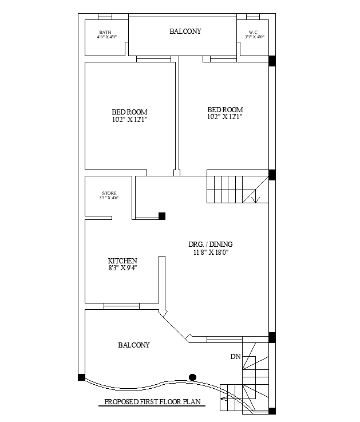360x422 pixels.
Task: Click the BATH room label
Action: click(105, 32)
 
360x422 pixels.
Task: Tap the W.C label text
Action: click(253, 32)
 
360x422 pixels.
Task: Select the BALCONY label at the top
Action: click(185, 31)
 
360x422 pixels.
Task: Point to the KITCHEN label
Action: click(122, 261)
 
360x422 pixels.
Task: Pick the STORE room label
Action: click(109, 193)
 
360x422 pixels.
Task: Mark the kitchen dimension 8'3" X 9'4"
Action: click(122, 268)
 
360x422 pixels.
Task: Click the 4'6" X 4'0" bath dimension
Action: click(106, 37)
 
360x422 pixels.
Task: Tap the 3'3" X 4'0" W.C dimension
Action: click(254, 37)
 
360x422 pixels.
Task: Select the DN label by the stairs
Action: click(235, 357)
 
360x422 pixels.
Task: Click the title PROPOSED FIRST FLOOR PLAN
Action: click(153, 402)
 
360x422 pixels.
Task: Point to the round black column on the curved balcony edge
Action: click(192, 377)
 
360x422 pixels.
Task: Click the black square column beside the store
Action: click(162, 216)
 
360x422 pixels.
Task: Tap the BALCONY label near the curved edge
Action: click(134, 345)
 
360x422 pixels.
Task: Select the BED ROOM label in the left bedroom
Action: click(129, 112)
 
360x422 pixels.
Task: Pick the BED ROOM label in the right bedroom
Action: click(225, 109)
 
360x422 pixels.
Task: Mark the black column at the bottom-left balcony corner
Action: click(81, 377)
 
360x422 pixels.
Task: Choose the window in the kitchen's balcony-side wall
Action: click(121, 306)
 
